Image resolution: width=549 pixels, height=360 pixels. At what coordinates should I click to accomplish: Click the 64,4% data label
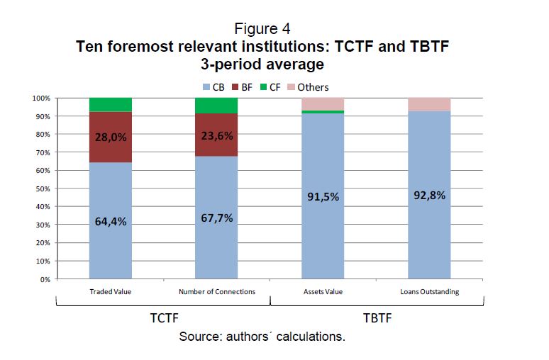tap(110, 221)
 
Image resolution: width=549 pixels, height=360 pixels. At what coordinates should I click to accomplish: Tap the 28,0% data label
tap(110, 137)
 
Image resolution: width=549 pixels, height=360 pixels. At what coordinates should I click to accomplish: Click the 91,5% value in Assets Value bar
tap(323, 197)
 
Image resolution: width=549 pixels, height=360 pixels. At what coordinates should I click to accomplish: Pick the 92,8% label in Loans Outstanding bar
tap(429, 195)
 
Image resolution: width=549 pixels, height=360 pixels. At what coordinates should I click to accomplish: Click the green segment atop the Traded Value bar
tap(110, 105)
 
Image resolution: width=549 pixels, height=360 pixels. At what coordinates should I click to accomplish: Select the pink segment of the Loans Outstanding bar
tap(429, 104)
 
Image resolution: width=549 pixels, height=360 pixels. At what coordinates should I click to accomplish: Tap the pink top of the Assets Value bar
tap(323, 103)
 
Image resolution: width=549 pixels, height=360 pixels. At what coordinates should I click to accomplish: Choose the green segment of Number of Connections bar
tap(216, 106)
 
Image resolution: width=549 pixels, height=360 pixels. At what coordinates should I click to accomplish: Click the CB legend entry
tap(213, 87)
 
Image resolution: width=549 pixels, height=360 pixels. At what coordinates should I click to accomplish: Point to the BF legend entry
tap(242, 87)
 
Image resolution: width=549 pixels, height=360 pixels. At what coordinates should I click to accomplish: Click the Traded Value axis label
tap(111, 291)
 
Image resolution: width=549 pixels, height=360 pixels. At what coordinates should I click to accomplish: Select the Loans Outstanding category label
tap(429, 291)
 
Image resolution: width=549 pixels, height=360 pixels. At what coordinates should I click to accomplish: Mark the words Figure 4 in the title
tap(262, 29)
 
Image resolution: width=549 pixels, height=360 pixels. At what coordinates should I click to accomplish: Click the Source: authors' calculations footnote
tap(262, 336)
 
